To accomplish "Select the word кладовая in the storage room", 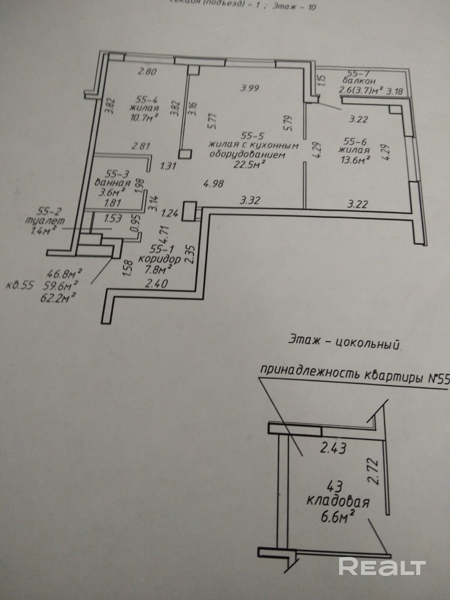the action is [338, 502].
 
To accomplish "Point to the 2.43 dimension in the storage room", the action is [333, 448].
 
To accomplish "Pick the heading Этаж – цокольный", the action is [343, 342].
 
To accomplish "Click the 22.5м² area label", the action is [250, 164].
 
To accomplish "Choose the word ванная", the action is [112, 183].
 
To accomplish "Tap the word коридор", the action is [159, 259].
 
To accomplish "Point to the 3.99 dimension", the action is [250, 88].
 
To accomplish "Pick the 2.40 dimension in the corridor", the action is [156, 284].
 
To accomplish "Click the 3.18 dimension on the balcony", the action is [396, 91].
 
